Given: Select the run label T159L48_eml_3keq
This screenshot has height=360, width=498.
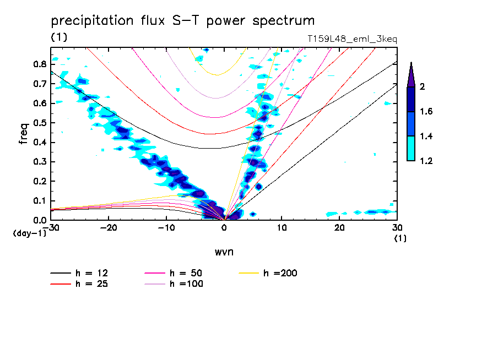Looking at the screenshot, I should [352, 39].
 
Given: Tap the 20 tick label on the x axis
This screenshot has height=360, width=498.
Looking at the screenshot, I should [339, 228].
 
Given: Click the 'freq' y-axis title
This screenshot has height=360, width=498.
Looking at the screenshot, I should [24, 133].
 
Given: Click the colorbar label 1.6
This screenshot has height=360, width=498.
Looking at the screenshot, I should [427, 112].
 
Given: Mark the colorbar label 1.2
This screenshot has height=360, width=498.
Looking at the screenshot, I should [427, 161].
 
